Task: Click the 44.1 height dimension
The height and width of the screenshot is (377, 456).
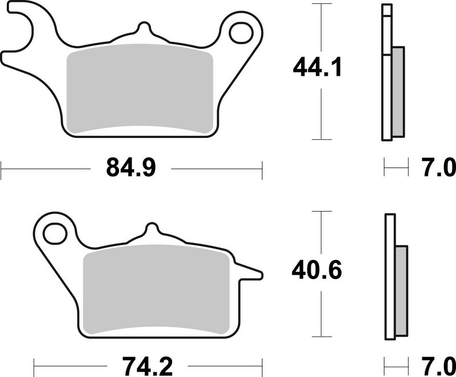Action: coord(317,67)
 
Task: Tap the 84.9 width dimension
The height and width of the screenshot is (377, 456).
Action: coord(131,168)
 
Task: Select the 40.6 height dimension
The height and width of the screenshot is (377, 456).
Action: coord(317,270)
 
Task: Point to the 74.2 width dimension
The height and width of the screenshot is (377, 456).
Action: coord(148,367)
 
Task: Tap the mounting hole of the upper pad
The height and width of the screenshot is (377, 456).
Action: coord(241,33)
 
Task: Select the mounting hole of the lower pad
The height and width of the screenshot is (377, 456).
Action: coord(55,233)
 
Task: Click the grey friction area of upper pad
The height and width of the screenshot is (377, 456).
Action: coord(140,89)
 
